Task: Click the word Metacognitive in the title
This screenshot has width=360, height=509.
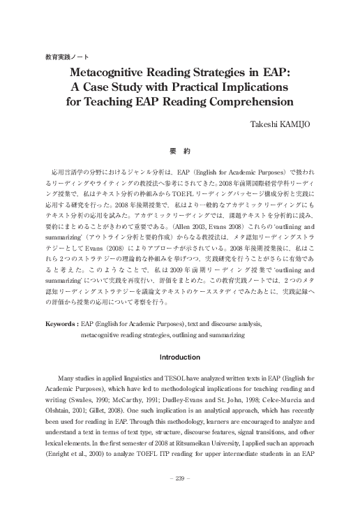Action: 117,72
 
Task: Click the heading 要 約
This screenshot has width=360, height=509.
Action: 180,150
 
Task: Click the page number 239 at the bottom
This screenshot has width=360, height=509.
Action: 180,478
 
